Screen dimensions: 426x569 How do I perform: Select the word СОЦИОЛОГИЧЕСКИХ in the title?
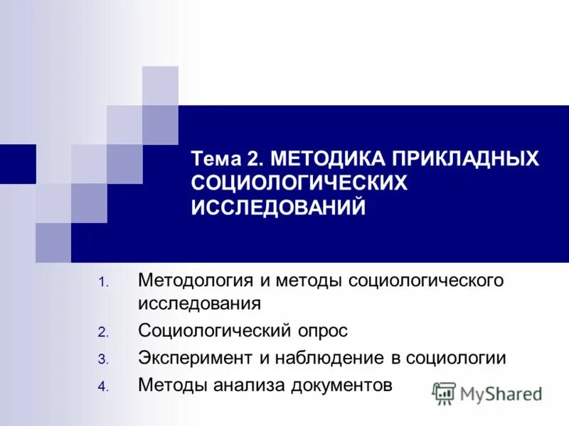click(299, 182)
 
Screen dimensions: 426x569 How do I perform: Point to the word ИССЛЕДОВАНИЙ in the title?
click(279, 207)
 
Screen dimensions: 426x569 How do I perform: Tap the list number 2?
click(102, 332)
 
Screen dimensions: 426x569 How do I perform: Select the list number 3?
click(102, 359)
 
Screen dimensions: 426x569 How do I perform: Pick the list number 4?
click(102, 387)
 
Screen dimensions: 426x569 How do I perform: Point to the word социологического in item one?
click(425, 280)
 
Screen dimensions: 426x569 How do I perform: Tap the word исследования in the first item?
click(199, 304)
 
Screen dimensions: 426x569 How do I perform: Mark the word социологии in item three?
click(456, 358)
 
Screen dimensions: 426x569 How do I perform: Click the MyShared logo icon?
click(445, 393)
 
